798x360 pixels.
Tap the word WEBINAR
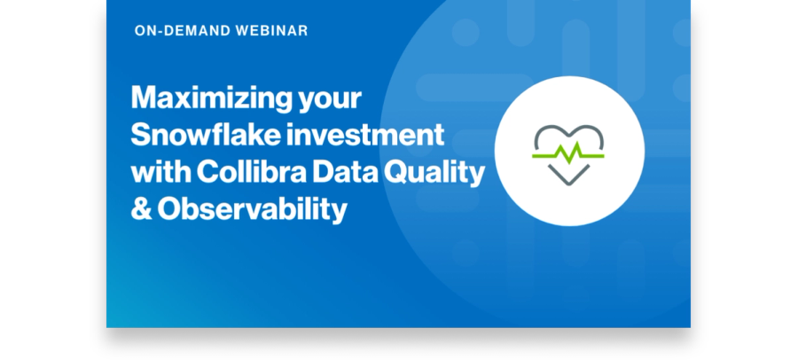pyautogui.click(x=272, y=30)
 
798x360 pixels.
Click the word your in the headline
pyautogui.click(x=330, y=101)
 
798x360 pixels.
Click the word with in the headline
pyautogui.click(x=160, y=172)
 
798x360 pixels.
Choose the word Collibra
pyautogui.click(x=252, y=172)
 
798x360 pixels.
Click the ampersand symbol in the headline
pyautogui.click(x=142, y=209)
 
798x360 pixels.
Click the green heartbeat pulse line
pyautogui.click(x=568, y=153)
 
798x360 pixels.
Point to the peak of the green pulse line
pyautogui.click(x=577, y=144)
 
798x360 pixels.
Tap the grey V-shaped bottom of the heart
pyautogui.click(x=568, y=176)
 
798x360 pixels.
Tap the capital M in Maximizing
pyautogui.click(x=146, y=98)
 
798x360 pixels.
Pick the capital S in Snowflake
pyautogui.click(x=142, y=135)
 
